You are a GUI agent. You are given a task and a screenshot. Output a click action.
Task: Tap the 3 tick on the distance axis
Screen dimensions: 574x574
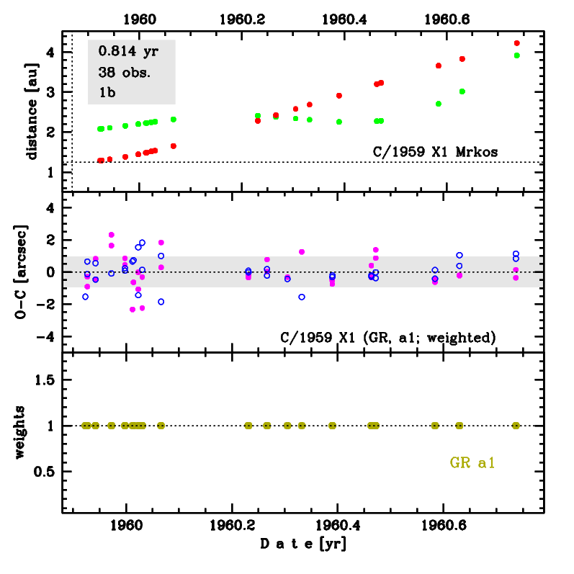click(51, 92)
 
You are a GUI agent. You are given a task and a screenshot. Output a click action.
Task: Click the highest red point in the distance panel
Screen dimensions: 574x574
click(516, 43)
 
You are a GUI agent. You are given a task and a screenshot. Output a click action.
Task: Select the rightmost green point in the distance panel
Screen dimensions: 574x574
click(516, 55)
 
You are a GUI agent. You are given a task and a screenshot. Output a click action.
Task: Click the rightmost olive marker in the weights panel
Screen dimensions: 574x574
click(516, 426)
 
